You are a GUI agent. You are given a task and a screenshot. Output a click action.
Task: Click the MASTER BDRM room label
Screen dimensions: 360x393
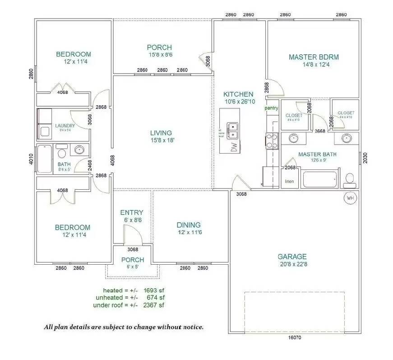click(314, 57)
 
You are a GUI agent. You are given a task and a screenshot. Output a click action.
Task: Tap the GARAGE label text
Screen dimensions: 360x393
click(292, 257)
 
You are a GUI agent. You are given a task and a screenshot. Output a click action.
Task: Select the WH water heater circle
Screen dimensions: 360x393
click(350, 198)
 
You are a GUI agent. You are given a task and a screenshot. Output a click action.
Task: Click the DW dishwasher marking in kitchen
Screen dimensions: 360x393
click(233, 147)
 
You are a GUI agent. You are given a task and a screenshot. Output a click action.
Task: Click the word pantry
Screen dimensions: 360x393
click(271, 108)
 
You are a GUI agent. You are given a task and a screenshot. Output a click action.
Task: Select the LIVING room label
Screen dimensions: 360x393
click(161, 133)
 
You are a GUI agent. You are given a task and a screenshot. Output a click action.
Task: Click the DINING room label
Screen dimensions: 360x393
click(189, 225)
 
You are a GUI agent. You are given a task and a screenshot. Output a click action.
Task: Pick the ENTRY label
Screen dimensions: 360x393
click(132, 212)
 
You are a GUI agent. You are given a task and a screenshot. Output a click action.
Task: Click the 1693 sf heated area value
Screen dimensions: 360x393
click(154, 290)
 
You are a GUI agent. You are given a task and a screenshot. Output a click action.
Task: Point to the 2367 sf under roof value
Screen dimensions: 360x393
click(154, 305)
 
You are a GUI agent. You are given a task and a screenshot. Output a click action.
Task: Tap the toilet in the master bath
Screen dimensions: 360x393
click(349, 180)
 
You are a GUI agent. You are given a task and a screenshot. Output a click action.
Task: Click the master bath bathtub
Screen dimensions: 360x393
click(319, 179)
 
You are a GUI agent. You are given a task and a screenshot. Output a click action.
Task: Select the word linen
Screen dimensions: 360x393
click(289, 182)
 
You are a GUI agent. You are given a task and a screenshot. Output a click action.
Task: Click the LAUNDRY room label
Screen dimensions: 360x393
click(65, 126)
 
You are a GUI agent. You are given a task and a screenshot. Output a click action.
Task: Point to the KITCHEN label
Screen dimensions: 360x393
click(238, 94)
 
